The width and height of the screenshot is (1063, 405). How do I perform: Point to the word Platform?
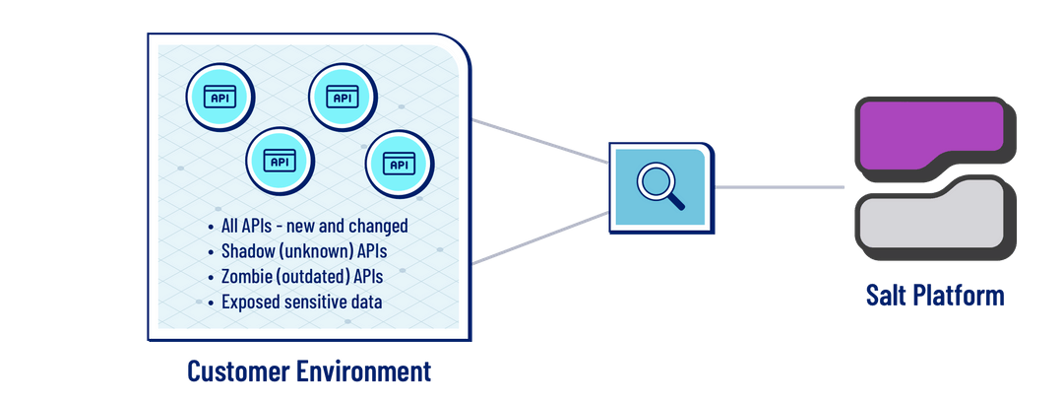tap(961, 295)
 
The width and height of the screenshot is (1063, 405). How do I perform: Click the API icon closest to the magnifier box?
tap(399, 165)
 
